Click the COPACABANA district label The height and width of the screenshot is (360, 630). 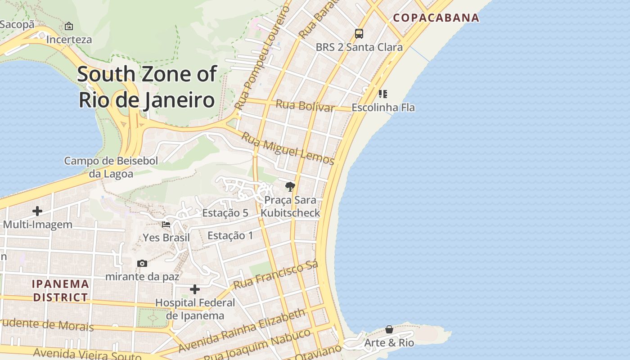[x=436, y=18]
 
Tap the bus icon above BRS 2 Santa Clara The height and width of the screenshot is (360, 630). [x=359, y=33]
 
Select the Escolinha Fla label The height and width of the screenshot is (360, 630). [x=383, y=108]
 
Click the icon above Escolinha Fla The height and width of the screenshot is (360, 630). [x=382, y=94]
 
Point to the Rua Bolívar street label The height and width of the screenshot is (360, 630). [x=305, y=106]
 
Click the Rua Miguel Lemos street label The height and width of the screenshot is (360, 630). [x=288, y=148]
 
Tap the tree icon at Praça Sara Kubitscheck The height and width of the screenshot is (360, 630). [x=290, y=186]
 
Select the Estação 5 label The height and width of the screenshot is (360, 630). [x=225, y=213]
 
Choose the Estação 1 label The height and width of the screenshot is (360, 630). [x=230, y=235]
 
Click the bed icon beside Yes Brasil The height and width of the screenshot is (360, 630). [x=166, y=224]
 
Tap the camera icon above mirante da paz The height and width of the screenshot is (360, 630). [x=142, y=263]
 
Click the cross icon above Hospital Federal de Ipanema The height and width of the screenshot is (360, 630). [x=195, y=289]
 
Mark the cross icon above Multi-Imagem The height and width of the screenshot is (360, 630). [x=37, y=211]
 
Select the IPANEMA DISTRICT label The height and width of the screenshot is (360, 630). [x=60, y=291]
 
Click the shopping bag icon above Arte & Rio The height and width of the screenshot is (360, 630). [x=389, y=329]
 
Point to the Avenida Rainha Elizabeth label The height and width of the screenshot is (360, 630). [x=242, y=330]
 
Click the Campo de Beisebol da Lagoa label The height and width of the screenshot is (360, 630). [x=111, y=167]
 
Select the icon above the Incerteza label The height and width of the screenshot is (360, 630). [x=69, y=26]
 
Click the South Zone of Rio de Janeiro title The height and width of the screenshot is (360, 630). [x=147, y=87]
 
